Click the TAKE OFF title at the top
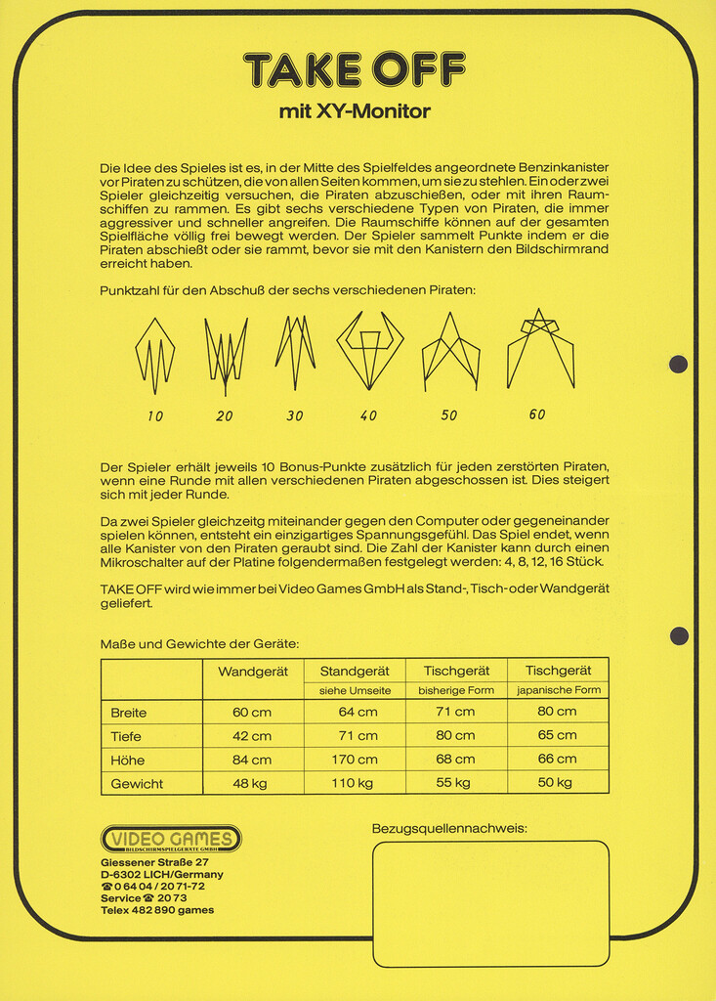(x=355, y=69)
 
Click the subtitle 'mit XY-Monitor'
(x=355, y=111)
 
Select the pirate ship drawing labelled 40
(x=369, y=348)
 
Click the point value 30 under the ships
(x=295, y=415)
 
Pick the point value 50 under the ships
(x=448, y=415)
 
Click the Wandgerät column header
(x=252, y=672)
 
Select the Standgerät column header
(x=355, y=672)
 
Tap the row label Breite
(x=129, y=713)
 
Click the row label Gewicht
(x=138, y=783)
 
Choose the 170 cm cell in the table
(x=355, y=760)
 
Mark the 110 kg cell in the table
(x=354, y=783)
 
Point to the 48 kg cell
(x=252, y=783)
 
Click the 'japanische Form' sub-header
(x=558, y=690)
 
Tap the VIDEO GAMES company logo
(x=171, y=839)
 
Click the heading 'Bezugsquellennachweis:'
(x=449, y=829)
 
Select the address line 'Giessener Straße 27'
(x=154, y=862)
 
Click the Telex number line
(x=157, y=910)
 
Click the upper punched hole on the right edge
(x=678, y=364)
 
